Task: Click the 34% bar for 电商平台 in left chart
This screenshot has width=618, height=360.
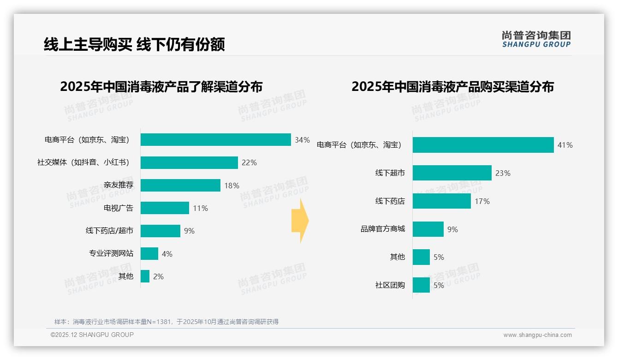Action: tap(215, 140)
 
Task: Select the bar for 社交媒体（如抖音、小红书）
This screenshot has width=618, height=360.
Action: tap(189, 162)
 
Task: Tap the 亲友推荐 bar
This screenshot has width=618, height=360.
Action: tap(180, 186)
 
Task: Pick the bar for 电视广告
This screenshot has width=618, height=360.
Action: tap(165, 208)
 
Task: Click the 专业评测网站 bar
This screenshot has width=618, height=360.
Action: tap(149, 254)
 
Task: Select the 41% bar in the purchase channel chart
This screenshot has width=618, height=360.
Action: tap(483, 145)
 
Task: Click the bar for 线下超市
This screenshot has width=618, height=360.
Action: tap(452, 173)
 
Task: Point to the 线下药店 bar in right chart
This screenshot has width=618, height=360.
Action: tap(441, 201)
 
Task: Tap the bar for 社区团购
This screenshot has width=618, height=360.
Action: tap(421, 285)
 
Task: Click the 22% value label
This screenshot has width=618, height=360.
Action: tap(249, 163)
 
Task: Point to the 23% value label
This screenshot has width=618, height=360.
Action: tap(503, 174)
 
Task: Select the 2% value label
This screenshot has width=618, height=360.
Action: tap(158, 277)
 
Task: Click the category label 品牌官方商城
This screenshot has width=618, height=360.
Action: tap(382, 229)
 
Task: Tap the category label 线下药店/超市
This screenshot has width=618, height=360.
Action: tap(109, 231)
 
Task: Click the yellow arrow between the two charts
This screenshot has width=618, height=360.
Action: tap(300, 221)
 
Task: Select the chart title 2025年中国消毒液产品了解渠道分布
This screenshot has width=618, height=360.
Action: tap(161, 87)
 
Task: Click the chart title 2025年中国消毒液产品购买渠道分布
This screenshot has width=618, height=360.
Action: tap(452, 87)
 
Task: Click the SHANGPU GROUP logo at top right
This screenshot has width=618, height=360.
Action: tap(536, 39)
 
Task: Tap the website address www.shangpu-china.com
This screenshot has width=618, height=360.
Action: tap(537, 335)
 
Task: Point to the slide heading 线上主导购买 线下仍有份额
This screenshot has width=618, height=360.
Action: tap(134, 44)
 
